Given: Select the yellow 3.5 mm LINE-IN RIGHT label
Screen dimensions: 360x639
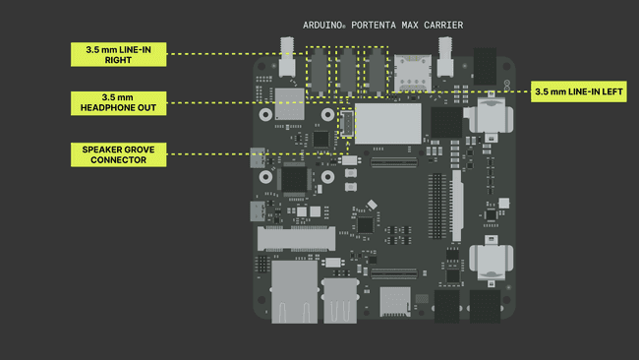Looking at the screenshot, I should point(116,54).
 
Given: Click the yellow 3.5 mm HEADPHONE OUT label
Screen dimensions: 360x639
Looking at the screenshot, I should point(116,102).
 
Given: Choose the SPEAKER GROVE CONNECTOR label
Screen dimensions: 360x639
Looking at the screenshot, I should point(116,153).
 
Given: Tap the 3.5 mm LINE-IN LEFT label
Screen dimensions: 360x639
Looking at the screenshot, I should point(579,90).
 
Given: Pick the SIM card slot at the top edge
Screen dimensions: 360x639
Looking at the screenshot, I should point(408,70).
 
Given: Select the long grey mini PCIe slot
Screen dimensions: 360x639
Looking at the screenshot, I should point(295,238).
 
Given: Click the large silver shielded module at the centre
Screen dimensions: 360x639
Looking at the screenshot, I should point(386,123).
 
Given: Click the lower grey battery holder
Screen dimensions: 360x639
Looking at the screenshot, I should point(489,262).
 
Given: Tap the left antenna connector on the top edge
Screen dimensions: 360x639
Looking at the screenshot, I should point(288,59).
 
